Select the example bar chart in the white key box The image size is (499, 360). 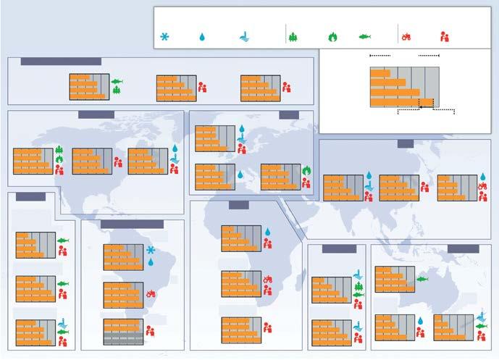(404, 87)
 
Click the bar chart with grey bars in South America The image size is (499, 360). (123, 330)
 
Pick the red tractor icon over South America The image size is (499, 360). (151, 293)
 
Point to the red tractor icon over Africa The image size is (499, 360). (267, 278)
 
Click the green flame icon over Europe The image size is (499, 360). (307, 171)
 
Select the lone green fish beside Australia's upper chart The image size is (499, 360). (423, 279)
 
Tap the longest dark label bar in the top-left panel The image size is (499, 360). (61, 62)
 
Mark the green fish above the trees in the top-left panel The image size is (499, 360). (117, 81)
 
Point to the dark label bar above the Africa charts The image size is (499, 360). (239, 205)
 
